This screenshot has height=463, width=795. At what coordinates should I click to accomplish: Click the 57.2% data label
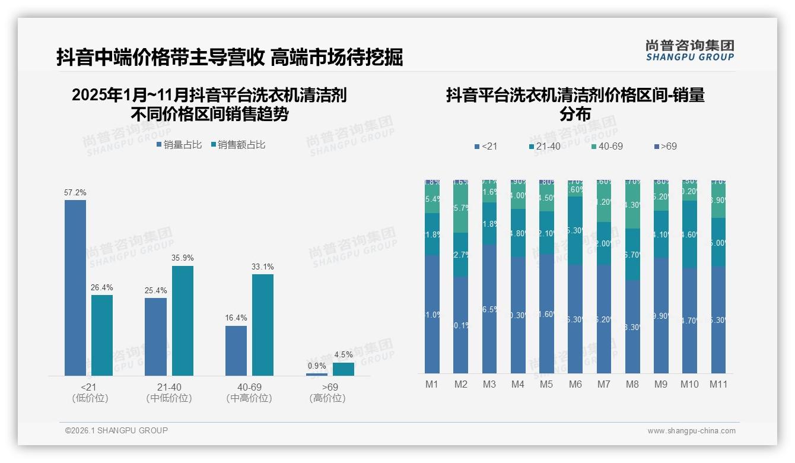coord(75,193)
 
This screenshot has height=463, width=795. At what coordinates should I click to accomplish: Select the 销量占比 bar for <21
coord(75,288)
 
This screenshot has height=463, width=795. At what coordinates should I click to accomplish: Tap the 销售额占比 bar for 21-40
coord(183,321)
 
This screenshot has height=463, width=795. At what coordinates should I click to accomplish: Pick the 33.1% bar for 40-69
coord(263,325)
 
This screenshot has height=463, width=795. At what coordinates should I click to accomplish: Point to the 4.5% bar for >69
coord(344,369)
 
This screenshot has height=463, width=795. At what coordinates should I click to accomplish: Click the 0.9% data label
coord(317,366)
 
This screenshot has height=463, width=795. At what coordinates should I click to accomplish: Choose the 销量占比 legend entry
coord(179,145)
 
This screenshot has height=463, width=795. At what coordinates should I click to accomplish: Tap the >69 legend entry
coord(665,146)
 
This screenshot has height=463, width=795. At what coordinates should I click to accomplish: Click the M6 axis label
coord(575,385)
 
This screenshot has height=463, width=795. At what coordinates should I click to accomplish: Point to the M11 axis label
coord(718,385)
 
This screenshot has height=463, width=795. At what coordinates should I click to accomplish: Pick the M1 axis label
coord(432,385)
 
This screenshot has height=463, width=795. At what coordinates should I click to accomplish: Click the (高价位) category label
coord(327,398)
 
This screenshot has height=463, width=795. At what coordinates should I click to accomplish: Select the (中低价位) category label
coord(169,398)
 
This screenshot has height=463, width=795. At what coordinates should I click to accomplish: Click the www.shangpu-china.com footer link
coord(691,431)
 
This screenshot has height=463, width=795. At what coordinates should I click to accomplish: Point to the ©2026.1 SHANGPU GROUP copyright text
coord(116,430)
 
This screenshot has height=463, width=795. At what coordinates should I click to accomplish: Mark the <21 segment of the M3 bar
coord(489,309)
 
